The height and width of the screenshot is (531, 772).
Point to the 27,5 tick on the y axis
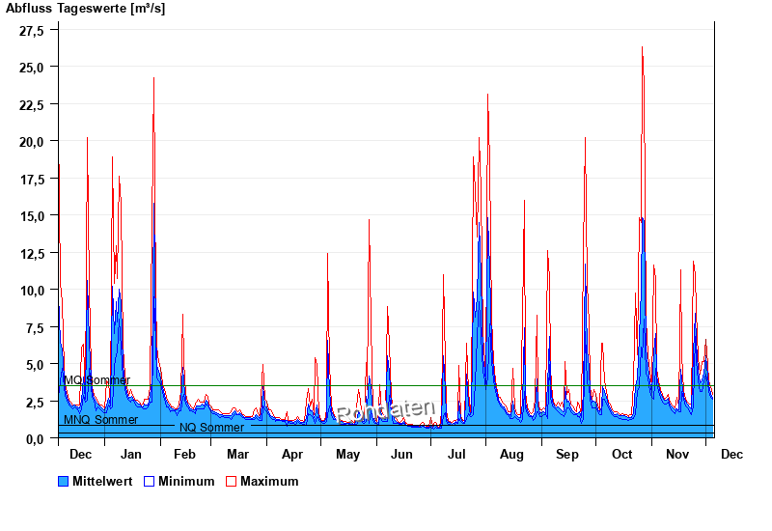[x=33, y=30]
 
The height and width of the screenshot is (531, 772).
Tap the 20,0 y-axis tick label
[x=33, y=142]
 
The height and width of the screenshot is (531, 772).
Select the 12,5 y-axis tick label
[x=33, y=253]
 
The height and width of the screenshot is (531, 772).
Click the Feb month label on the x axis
[x=184, y=455]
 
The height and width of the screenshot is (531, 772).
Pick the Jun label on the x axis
[x=401, y=455]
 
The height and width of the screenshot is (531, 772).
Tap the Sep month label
[x=566, y=455]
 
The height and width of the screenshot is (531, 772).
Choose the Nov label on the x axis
[x=678, y=455]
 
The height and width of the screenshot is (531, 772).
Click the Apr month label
[x=292, y=455]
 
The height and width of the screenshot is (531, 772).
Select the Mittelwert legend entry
[x=102, y=482]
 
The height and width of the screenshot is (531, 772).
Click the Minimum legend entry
[x=186, y=482]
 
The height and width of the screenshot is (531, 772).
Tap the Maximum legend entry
[x=269, y=482]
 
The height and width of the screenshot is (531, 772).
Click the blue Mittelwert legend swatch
[x=64, y=482]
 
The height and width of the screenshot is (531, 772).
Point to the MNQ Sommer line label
[x=100, y=420]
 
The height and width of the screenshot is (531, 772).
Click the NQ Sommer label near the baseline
[x=211, y=428]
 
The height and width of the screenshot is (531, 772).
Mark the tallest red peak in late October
[x=642, y=47]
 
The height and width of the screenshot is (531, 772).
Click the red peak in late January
[x=153, y=78]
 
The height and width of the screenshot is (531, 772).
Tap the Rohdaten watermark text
[x=386, y=411]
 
